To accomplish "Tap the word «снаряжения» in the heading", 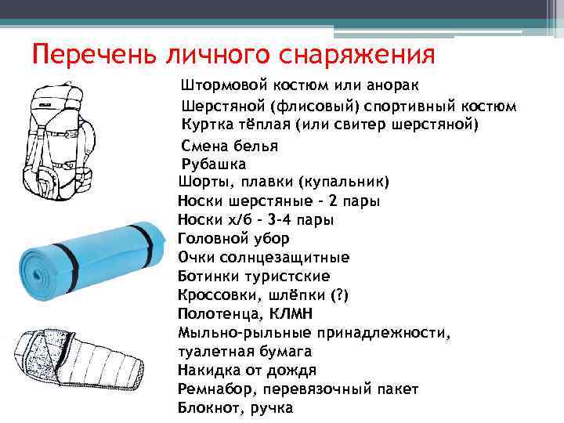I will [367, 55].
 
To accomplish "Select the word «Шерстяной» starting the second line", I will [219, 105].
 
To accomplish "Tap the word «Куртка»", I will [206, 124].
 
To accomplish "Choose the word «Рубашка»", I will [213, 164].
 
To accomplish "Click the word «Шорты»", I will [201, 183].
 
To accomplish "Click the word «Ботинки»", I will [208, 277].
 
